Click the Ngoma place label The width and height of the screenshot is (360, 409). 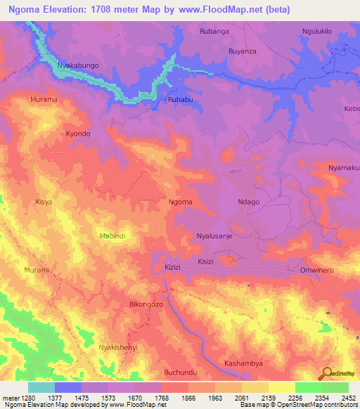click(x=181, y=202)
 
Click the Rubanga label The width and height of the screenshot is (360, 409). click(x=214, y=32)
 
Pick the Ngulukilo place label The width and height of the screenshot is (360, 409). click(x=316, y=32)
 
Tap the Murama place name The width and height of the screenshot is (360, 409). click(x=43, y=100)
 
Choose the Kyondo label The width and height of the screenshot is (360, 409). click(x=78, y=134)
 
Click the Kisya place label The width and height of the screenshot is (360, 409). click(x=44, y=202)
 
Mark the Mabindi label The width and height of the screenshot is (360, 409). click(x=112, y=236)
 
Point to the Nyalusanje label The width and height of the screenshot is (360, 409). click(x=214, y=237)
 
